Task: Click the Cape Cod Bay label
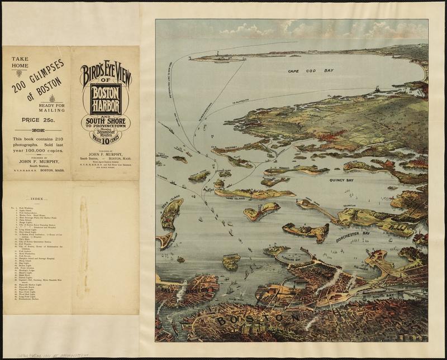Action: point(310,71)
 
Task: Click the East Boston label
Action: point(178,290)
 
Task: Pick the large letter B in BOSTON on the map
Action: point(223,321)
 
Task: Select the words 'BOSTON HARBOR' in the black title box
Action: point(106,99)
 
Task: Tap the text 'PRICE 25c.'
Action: point(37,119)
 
